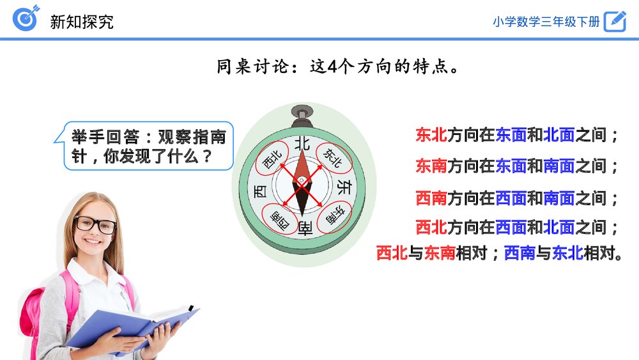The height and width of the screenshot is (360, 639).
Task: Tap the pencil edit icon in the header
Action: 615,20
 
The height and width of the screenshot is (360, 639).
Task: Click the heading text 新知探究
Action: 82,21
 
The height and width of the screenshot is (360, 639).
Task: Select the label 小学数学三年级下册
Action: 546,21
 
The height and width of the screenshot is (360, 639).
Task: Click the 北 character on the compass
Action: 302,143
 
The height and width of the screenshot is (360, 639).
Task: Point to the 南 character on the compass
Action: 304,226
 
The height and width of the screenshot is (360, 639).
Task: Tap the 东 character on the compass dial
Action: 343,187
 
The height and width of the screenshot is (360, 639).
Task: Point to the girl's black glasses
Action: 96,224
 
